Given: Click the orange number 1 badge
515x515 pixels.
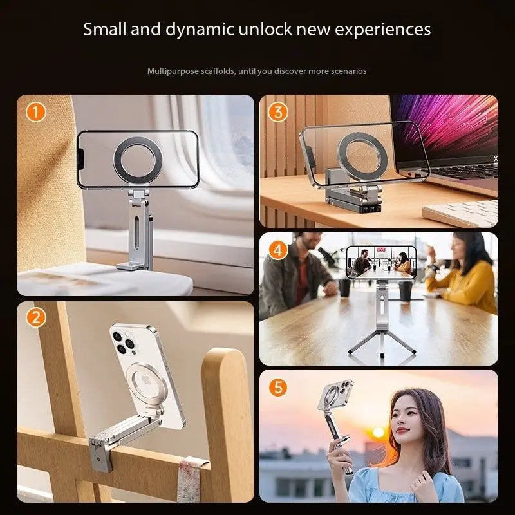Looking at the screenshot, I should [37, 112].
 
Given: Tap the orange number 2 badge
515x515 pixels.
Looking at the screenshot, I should [37, 317].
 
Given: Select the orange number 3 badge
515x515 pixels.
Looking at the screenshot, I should [277, 112].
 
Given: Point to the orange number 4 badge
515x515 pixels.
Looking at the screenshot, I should [277, 249].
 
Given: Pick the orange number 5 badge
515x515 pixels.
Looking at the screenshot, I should [277, 388].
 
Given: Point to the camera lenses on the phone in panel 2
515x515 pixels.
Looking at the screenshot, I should [125, 342].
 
